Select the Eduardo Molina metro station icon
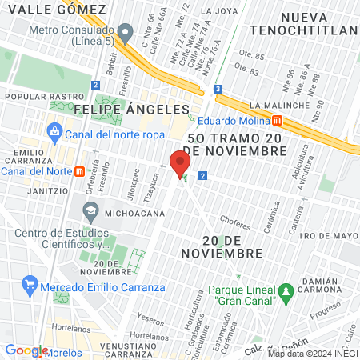click(276, 121)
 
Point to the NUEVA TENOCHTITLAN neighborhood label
click(301, 24)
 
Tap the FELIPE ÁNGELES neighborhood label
click(131, 108)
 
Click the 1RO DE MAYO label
click(326, 235)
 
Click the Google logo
click(26, 350)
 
